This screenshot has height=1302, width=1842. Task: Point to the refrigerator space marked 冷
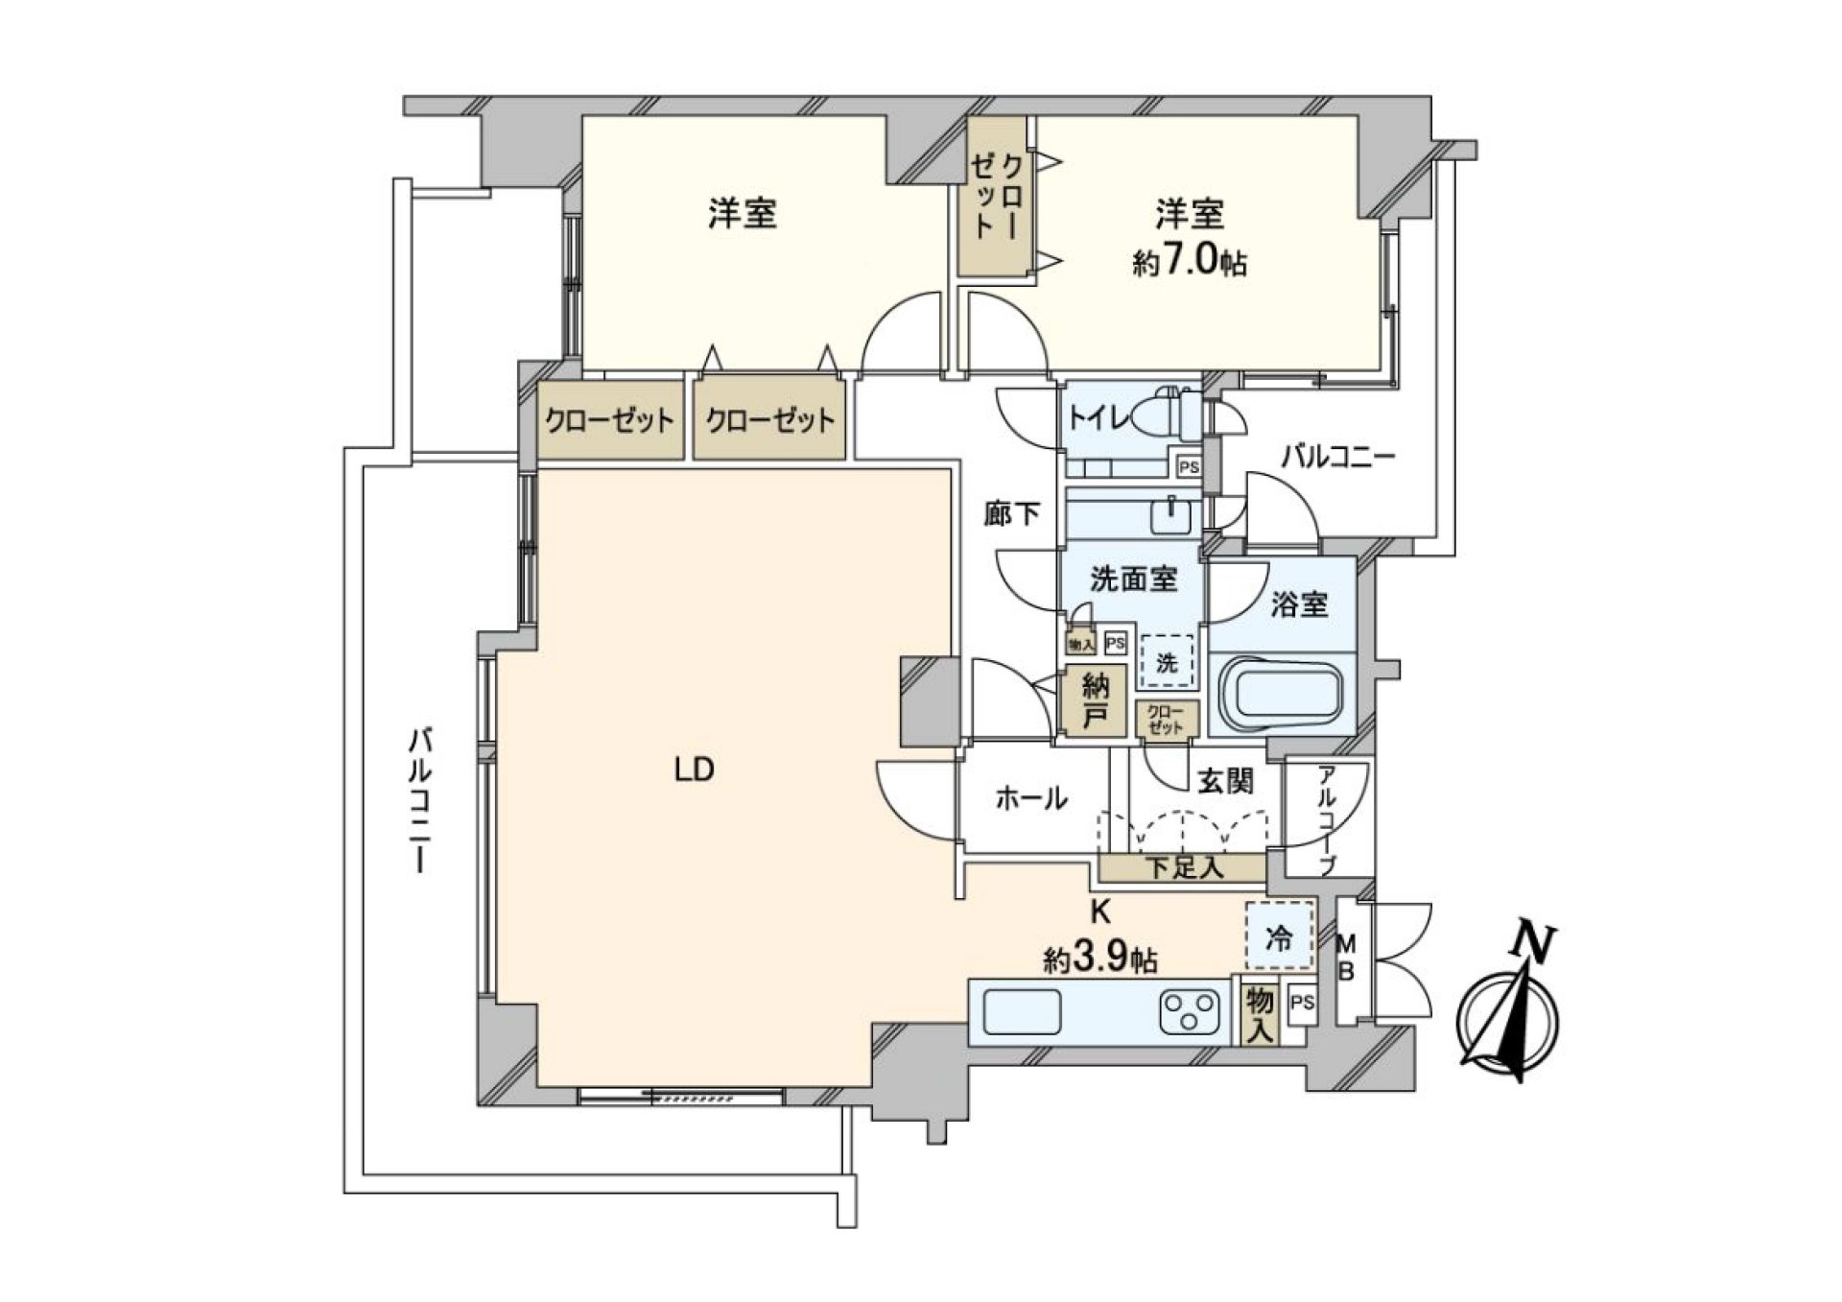[x=1279, y=937]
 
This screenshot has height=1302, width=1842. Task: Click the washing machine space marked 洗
[x=1167, y=661]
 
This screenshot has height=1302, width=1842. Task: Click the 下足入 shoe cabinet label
[x=1185, y=868]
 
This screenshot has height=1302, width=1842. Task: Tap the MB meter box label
[x=1346, y=958]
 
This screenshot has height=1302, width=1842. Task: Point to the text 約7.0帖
[x=1189, y=263]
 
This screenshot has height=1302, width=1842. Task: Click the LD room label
[x=694, y=769]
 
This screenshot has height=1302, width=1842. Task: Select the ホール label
[x=1031, y=798]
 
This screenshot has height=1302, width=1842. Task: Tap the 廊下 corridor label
[x=1012, y=514]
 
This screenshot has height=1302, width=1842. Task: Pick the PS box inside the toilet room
[x=1189, y=467]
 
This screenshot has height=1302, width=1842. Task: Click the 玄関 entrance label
[x=1225, y=782]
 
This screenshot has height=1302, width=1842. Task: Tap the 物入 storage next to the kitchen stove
[x=1260, y=1016]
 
